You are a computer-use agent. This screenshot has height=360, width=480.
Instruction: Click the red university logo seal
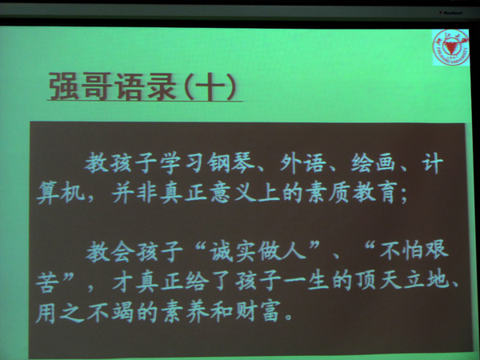[450, 47]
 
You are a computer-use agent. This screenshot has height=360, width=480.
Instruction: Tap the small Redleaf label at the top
[451, 13]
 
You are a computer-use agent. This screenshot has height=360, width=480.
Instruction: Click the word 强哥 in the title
[80, 86]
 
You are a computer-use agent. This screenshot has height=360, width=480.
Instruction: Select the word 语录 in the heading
[146, 86]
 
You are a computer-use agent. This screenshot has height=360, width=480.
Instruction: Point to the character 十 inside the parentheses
[210, 87]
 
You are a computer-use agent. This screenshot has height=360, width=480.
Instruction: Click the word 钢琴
[231, 162]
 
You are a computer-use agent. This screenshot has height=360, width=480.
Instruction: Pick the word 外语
[302, 163]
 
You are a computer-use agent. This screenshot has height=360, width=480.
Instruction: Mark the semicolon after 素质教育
[404, 196]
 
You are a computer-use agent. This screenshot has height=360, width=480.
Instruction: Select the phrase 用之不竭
[84, 312]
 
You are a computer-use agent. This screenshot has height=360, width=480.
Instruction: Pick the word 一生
[307, 280]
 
